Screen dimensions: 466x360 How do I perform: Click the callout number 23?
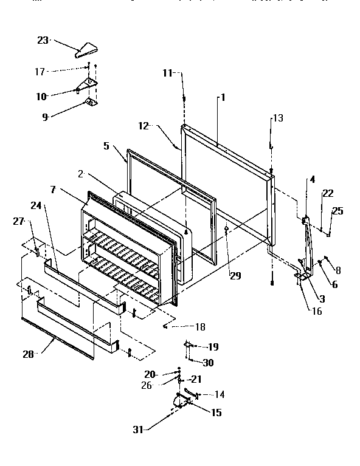point(43,41)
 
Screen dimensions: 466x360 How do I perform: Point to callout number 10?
point(42,95)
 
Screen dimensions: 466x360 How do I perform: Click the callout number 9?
point(44,117)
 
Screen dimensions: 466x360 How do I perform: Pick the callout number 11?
point(168,72)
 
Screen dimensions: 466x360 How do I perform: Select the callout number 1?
point(223,97)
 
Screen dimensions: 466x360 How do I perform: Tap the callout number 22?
point(328,193)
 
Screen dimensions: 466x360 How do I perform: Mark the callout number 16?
point(316,311)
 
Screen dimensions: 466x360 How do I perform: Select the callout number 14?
point(219,394)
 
